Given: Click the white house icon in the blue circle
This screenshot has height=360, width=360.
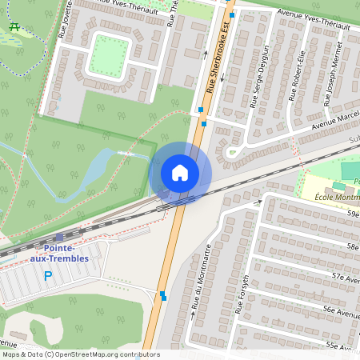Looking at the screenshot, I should point(180,173).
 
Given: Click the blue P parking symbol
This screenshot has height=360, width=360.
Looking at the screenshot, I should point(48,276).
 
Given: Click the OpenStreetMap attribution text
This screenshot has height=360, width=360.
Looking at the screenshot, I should point(80,354).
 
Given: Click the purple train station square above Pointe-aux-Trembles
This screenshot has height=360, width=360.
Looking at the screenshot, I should point(59,238).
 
